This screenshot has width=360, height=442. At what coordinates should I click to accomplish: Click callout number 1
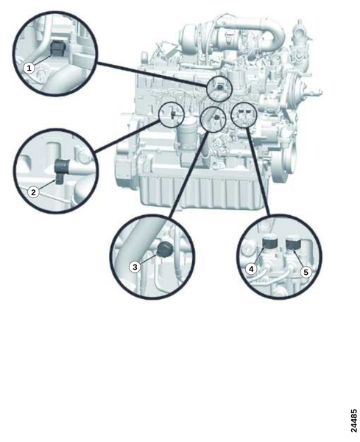pos(29,68)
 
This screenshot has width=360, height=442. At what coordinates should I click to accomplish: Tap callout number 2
pos(34,192)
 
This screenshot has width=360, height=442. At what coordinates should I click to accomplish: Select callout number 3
pos(135,267)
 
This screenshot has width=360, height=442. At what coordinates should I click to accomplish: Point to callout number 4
pos(251,269)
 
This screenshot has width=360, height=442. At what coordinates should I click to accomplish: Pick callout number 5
pos(306,273)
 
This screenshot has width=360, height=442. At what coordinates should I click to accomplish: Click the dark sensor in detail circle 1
pos(57,48)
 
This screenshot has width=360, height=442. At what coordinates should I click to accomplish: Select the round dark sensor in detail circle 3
pos(164,249)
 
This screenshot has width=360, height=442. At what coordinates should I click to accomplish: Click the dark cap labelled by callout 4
pos(270,244)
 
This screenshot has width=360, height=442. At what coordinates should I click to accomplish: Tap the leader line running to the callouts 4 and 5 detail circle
pos(258,171)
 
